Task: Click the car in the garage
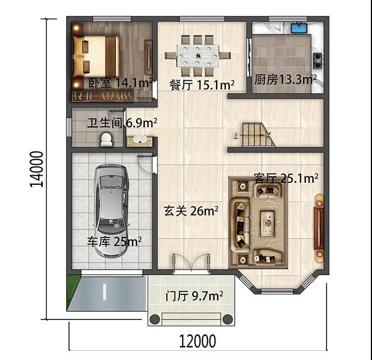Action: click(x=111, y=211)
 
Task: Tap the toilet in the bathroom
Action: click(x=106, y=140)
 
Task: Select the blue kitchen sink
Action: click(x=299, y=27)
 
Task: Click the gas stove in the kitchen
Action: click(x=317, y=61)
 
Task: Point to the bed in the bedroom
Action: click(x=96, y=56)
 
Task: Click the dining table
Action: click(x=197, y=56)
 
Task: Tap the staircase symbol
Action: click(x=258, y=135)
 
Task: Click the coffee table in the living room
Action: click(x=268, y=223)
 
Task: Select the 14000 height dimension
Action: click(x=37, y=169)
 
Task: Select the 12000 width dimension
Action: click(x=197, y=341)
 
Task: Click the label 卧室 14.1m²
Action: click(x=121, y=83)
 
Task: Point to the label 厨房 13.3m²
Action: click(x=286, y=80)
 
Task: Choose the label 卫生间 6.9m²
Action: click(x=122, y=123)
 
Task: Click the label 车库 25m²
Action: click(x=114, y=242)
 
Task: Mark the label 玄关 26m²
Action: click(x=191, y=211)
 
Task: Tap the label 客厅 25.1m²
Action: click(x=286, y=178)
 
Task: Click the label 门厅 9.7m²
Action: click(x=194, y=296)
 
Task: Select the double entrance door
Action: click(x=191, y=264)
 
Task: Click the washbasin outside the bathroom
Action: click(x=139, y=141)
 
